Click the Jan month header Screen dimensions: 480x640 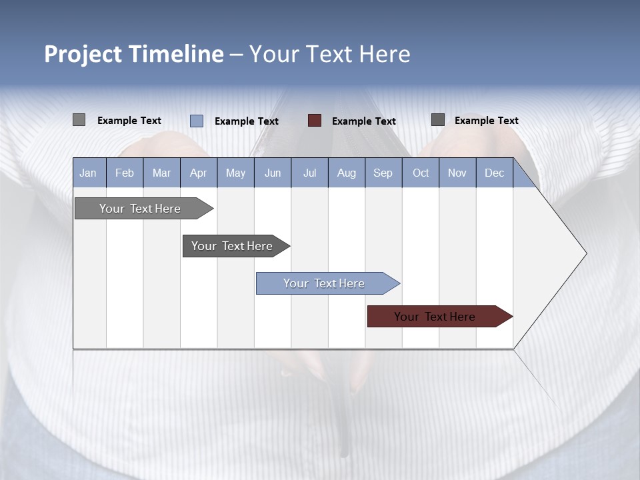89,173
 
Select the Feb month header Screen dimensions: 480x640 125,173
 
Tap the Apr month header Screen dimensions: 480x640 199,173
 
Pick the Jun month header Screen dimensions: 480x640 273,173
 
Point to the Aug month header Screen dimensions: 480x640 347,173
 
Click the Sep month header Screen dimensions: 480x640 383,173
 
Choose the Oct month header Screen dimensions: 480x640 421,173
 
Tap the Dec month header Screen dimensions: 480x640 495,173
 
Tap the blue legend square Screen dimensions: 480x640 197,121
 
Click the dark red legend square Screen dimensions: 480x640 315,121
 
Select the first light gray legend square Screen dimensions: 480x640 79,120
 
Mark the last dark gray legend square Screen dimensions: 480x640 438,120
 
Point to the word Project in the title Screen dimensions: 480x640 83,54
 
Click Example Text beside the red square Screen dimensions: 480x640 364,121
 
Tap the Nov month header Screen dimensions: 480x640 457,173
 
